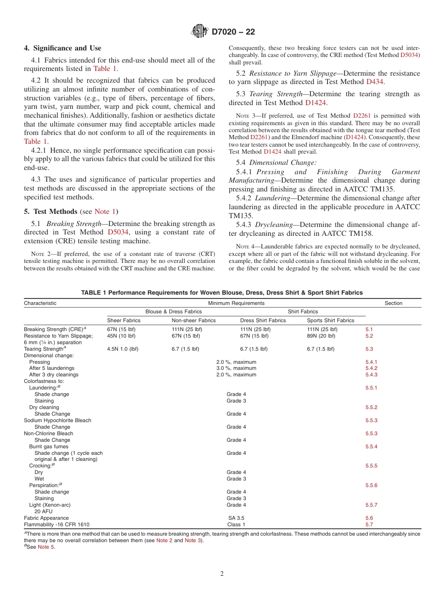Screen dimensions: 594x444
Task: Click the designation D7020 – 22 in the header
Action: click(x=233, y=32)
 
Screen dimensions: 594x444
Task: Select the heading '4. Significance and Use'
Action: click(x=63, y=48)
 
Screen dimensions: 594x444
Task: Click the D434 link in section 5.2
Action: click(x=375, y=82)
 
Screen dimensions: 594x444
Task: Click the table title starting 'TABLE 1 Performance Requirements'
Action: click(x=222, y=293)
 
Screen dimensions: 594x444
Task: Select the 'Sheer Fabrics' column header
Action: click(x=124, y=320)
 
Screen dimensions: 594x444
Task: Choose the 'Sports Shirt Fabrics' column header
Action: click(x=330, y=320)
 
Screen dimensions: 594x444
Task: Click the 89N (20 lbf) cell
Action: click(x=321, y=336)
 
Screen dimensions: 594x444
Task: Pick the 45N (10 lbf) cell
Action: click(x=122, y=336)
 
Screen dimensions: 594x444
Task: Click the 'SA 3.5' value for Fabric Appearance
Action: click(x=236, y=518)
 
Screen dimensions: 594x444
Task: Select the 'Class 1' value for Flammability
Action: click(x=236, y=524)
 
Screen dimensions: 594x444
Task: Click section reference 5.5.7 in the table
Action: click(x=371, y=505)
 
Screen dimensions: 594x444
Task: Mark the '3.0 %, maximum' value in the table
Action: click(x=236, y=368)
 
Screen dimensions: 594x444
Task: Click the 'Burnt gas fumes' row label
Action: click(x=49, y=446)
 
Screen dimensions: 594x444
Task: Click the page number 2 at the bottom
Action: click(x=222, y=574)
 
